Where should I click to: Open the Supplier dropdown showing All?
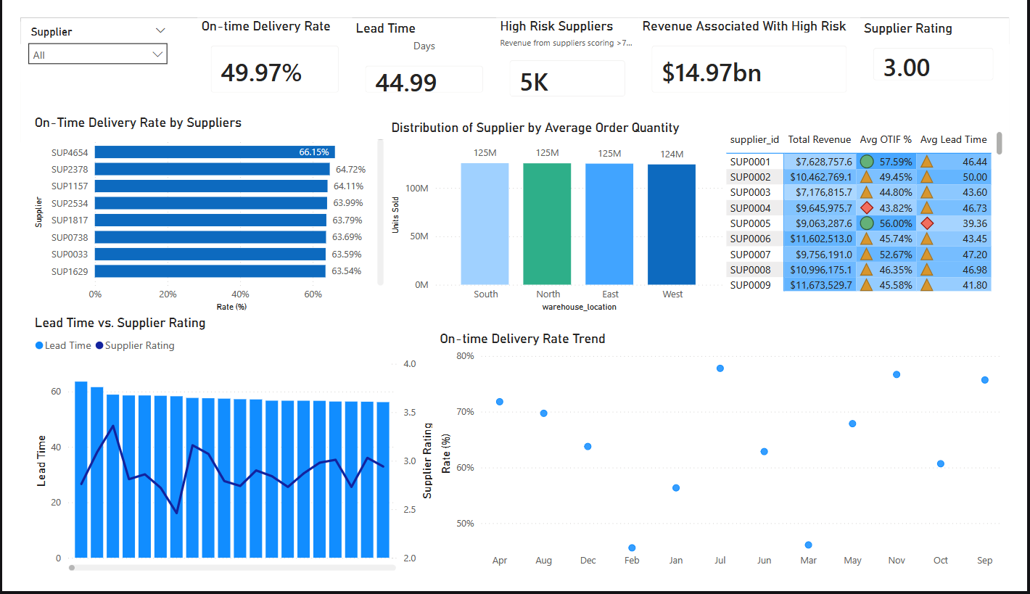[x=97, y=54]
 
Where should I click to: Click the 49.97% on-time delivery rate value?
[x=261, y=73]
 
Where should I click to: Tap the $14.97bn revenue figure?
[x=712, y=73]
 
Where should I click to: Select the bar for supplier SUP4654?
[x=215, y=152]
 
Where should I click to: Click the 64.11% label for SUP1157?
[x=348, y=186]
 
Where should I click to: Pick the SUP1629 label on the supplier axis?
[x=70, y=271]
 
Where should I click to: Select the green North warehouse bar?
[x=547, y=224]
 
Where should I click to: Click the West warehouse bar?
[x=672, y=225]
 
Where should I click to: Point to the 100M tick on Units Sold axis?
[x=416, y=188]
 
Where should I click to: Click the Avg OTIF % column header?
[x=886, y=139]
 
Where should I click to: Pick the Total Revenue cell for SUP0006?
[x=820, y=239]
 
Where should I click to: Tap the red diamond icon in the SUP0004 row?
[x=867, y=208]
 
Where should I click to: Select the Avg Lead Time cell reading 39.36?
[x=975, y=223]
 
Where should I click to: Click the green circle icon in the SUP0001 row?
[x=867, y=161]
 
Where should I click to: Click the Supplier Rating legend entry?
[x=135, y=345]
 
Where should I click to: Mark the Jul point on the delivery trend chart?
[x=720, y=368]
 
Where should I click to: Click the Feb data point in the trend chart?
[x=632, y=548]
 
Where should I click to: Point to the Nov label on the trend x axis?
[x=897, y=560]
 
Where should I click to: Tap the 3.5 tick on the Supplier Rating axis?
[x=410, y=413]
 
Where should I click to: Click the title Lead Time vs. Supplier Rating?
[x=120, y=323]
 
